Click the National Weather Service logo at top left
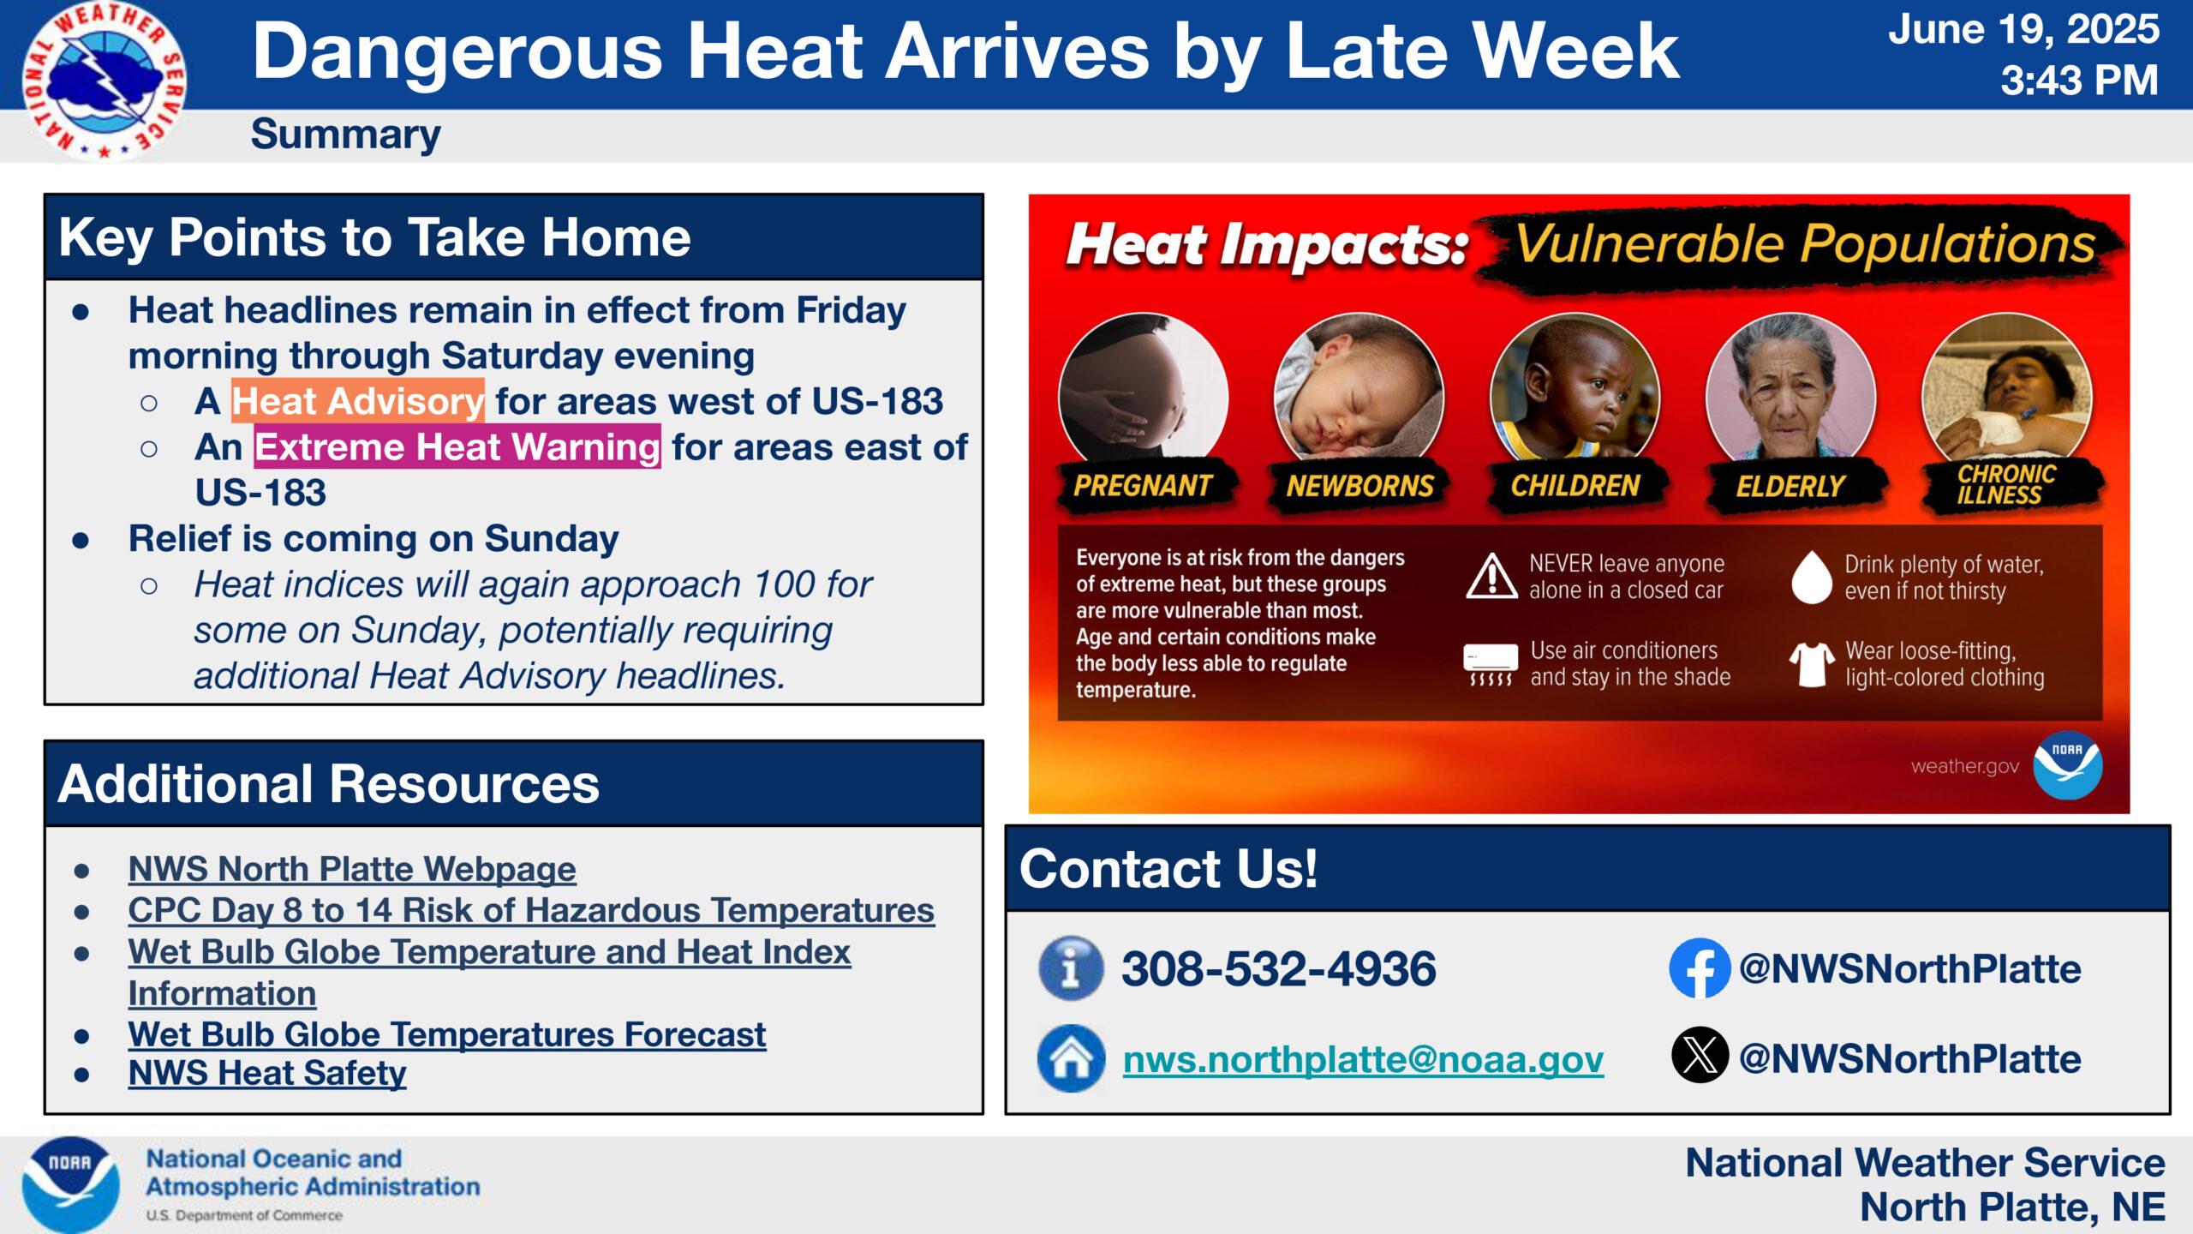coord(104,81)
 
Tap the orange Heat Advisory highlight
coord(358,401)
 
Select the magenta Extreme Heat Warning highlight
coord(457,446)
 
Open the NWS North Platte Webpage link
coord(352,869)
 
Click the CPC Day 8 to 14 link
coord(531,910)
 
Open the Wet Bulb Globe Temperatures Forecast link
coord(447,1034)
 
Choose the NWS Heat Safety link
coord(267,1073)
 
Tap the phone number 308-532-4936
coord(1278,969)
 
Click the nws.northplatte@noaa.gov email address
coord(1363,1060)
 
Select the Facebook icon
coord(1700,968)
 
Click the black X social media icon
coord(1700,1055)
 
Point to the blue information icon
coord(1071,968)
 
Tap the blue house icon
coord(1071,1058)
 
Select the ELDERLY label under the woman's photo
coord(1790,487)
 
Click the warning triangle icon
coord(1491,576)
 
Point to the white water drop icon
coord(1811,577)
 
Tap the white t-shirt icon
coord(1811,664)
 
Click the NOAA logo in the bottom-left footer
coord(70,1185)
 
